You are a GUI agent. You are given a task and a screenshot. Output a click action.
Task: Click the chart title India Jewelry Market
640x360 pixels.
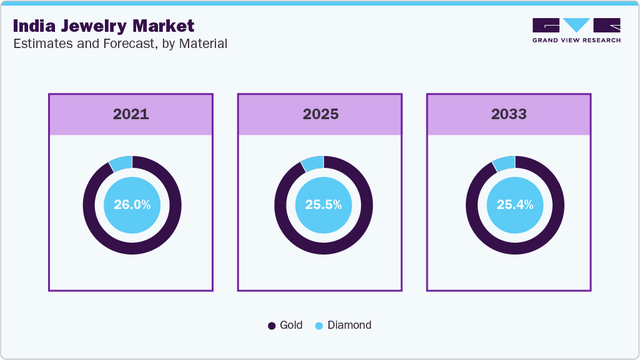(x=104, y=26)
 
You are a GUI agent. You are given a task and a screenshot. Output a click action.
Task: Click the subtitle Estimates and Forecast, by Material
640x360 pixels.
(x=120, y=44)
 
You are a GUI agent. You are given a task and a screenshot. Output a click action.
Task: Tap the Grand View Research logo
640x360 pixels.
(x=576, y=30)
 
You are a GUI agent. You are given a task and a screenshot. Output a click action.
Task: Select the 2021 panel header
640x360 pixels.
(x=131, y=114)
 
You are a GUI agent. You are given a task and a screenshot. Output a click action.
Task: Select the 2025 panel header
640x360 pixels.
(x=320, y=114)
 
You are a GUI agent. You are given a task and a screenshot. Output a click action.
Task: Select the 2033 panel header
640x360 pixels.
(x=509, y=114)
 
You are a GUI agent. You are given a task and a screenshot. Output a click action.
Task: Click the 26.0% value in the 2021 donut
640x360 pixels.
(x=132, y=205)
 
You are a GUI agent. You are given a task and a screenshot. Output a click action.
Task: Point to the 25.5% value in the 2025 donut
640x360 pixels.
(x=323, y=205)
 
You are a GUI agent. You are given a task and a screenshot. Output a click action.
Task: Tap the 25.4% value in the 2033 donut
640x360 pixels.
(x=514, y=205)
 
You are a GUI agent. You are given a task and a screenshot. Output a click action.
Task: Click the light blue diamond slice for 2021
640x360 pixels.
(x=121, y=163)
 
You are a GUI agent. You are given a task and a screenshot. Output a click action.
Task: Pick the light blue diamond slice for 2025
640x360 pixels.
(x=312, y=163)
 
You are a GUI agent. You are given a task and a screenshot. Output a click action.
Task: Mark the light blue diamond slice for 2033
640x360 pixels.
(x=504, y=163)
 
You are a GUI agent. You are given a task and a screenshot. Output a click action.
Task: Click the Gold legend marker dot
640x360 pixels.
(x=272, y=326)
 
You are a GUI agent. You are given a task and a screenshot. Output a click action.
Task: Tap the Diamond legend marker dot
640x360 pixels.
(x=319, y=326)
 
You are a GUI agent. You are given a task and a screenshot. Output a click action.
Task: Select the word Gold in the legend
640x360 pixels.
(x=291, y=325)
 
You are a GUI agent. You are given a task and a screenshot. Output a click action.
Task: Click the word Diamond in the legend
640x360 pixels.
(x=350, y=325)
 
